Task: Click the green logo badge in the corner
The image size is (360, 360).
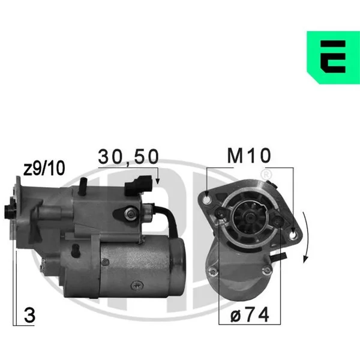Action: point(334,58)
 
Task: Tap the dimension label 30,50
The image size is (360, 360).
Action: point(128,157)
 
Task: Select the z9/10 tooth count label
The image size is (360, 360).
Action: point(44,168)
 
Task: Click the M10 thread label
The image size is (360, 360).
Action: point(249,155)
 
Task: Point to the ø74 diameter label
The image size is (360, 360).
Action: point(250,315)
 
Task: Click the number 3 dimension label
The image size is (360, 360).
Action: point(29,316)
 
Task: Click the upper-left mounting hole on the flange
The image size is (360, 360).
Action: point(206,200)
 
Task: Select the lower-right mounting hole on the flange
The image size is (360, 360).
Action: point(293,235)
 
